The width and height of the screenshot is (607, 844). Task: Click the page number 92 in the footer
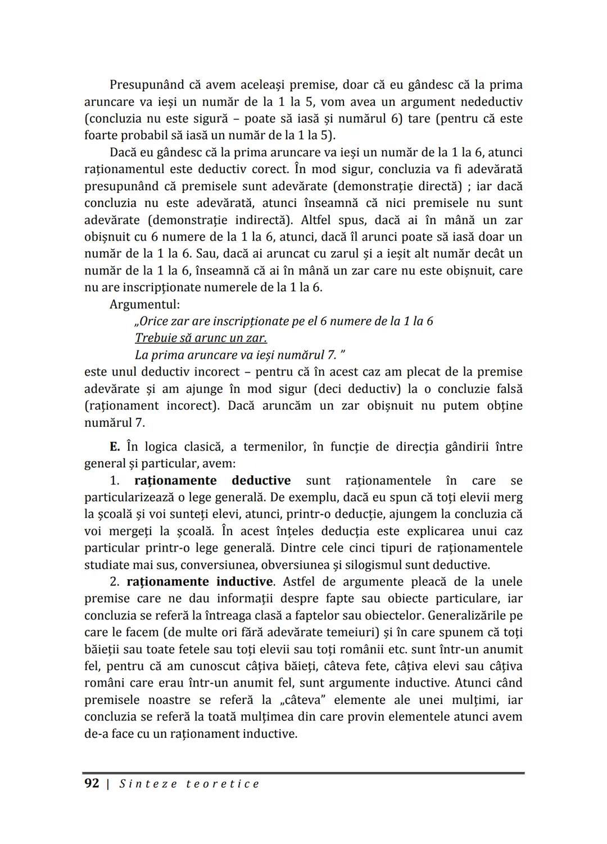pos(92,783)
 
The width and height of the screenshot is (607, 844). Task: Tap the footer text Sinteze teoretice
pos(189,784)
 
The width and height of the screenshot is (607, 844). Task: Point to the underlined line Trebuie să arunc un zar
pos(201,338)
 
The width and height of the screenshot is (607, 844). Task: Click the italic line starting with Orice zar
pos(284,321)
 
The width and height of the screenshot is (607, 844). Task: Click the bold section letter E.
pos(115,447)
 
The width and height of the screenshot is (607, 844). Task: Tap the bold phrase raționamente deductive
pos(212,481)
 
